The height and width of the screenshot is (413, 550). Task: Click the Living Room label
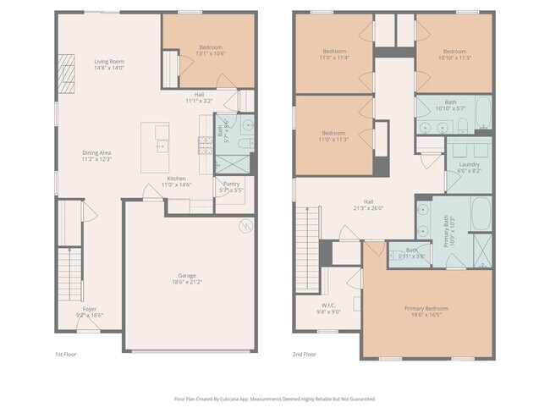click(109, 65)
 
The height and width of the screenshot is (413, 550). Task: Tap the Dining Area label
click(96, 156)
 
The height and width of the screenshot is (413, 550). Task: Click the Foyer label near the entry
click(90, 311)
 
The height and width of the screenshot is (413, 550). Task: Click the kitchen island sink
click(161, 145)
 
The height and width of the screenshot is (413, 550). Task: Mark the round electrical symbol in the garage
click(246, 227)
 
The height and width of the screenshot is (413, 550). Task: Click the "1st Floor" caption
click(65, 355)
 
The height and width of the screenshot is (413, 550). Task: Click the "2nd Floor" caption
click(304, 355)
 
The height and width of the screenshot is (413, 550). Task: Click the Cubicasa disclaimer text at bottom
click(275, 397)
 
